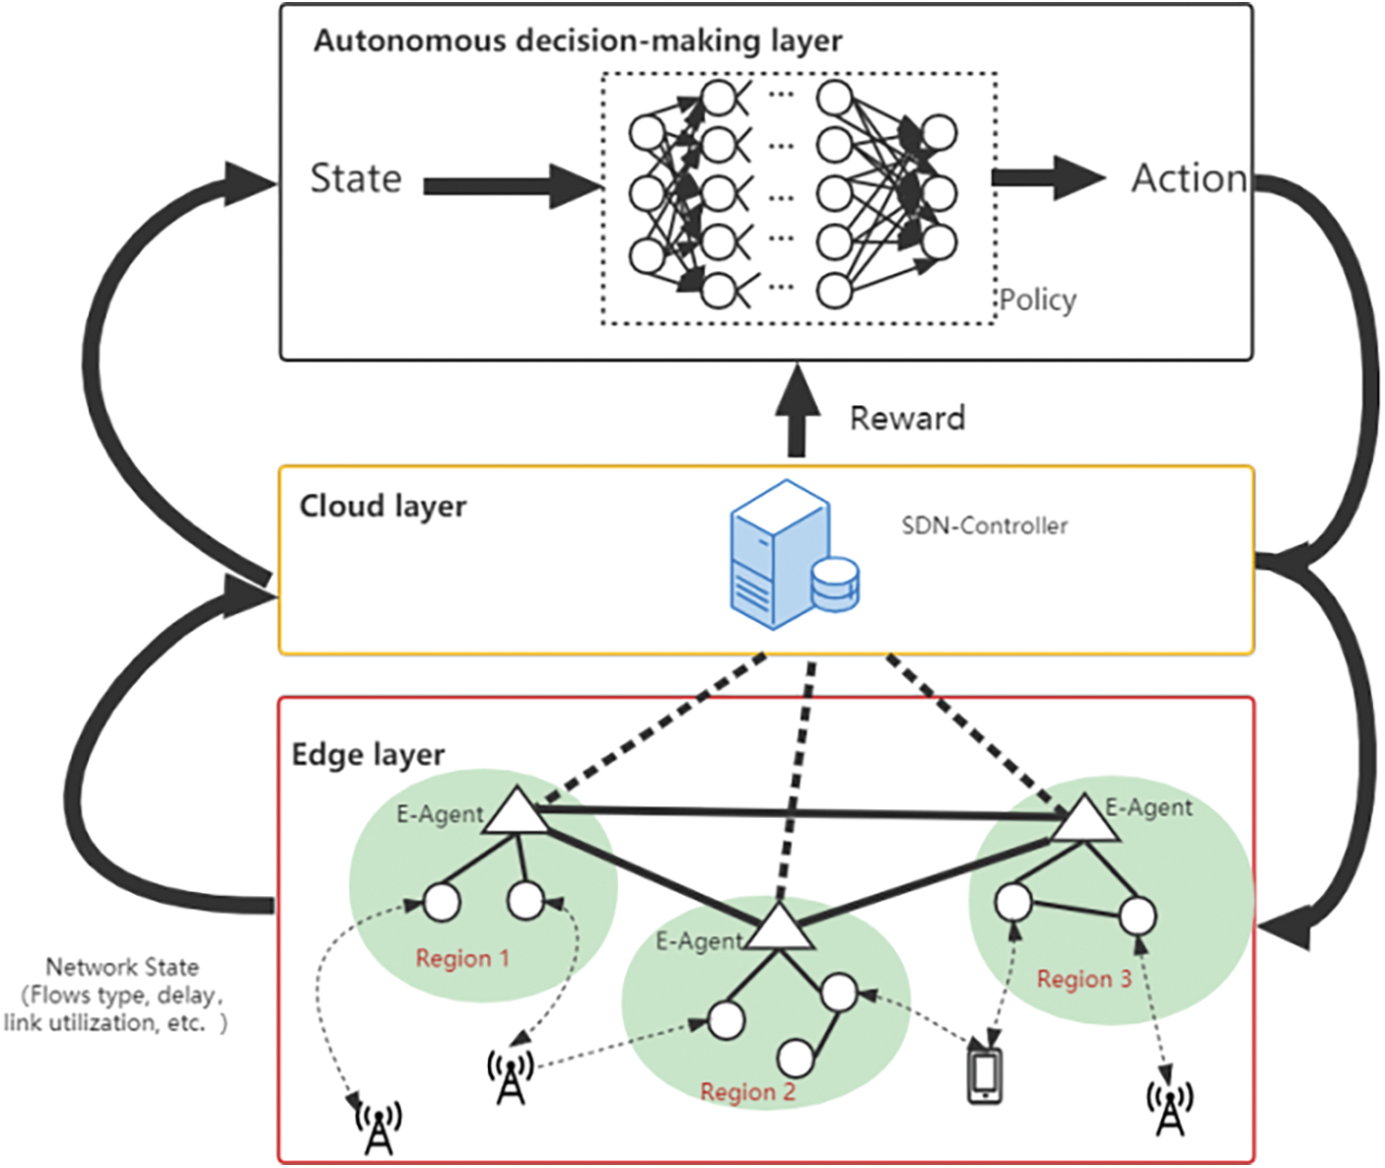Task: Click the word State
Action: [x=356, y=179]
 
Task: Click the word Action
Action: [x=1189, y=179]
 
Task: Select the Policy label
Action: [x=1038, y=300]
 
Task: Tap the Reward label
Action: [x=907, y=418]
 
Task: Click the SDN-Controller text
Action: [x=985, y=526]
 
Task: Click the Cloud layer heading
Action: [x=382, y=506]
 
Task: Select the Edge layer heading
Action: [x=368, y=755]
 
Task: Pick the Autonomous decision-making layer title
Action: [x=578, y=41]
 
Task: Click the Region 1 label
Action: [x=462, y=958]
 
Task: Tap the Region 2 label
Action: [x=747, y=1092]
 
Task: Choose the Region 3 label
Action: [x=1083, y=979]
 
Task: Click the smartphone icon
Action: [x=984, y=1076]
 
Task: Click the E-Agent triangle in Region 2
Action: [x=780, y=928]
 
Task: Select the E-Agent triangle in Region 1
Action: [x=515, y=813]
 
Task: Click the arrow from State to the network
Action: [x=511, y=186]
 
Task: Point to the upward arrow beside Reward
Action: [x=797, y=409]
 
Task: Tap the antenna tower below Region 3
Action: [x=1169, y=1107]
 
